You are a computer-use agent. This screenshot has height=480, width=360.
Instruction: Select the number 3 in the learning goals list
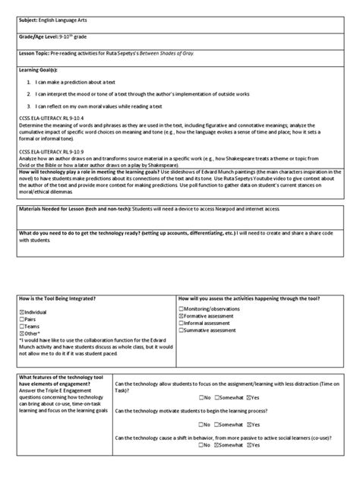pyautogui.click(x=28, y=106)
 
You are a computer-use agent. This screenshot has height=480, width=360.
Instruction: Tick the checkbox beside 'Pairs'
pyautogui.click(x=24, y=321)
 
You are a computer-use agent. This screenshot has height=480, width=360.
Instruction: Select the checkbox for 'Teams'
pyautogui.click(x=24, y=327)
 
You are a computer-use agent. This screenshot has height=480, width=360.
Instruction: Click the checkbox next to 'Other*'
pyautogui.click(x=24, y=334)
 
